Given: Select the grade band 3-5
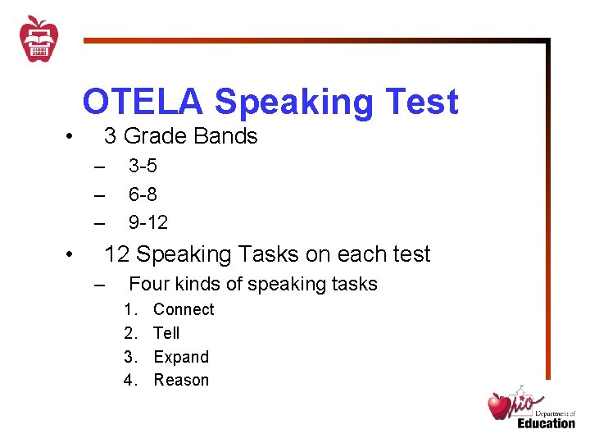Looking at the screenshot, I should point(143,167).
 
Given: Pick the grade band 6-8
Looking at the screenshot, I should point(143,194).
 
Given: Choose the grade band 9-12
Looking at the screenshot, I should point(147,222).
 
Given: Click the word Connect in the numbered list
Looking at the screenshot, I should point(184,309).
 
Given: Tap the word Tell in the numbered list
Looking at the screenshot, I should point(166,333).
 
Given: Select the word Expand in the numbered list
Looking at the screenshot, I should point(181,357).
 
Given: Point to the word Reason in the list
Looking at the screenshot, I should point(181,380).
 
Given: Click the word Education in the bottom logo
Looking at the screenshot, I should point(546,423).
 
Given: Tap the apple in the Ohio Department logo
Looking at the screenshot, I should point(500,405).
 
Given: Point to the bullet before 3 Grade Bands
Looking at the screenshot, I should point(71,137).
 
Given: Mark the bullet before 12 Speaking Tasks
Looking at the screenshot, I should point(71,255).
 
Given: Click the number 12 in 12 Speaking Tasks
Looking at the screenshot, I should point(116,254).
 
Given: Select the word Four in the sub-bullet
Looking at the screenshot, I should point(147,285).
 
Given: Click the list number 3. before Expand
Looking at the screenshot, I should point(129,357).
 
